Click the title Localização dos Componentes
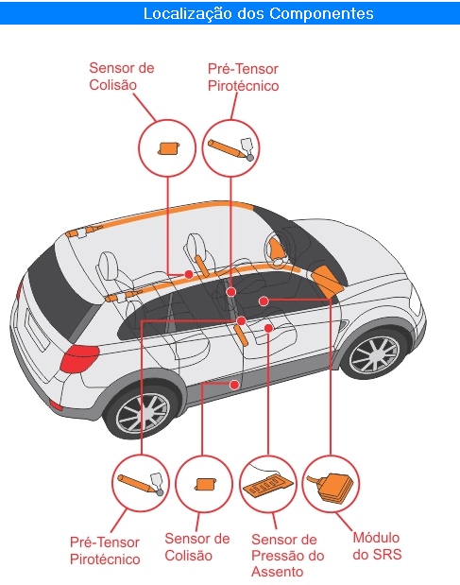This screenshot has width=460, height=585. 258,13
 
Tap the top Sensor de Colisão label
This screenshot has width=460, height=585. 122,77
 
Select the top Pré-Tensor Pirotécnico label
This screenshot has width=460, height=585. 243,77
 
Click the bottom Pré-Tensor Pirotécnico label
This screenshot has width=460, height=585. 105,551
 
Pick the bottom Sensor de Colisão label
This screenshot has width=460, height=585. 196,547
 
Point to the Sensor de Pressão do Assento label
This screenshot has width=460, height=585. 287,555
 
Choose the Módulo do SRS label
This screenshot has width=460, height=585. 377,546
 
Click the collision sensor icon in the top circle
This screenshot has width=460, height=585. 168,148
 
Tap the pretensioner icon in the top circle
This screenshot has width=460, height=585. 230,149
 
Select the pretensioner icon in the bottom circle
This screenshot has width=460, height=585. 141,484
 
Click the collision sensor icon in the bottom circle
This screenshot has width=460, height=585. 205,484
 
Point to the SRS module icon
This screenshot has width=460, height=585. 331,487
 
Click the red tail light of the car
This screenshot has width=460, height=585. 78,358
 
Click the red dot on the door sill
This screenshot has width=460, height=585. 234,385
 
